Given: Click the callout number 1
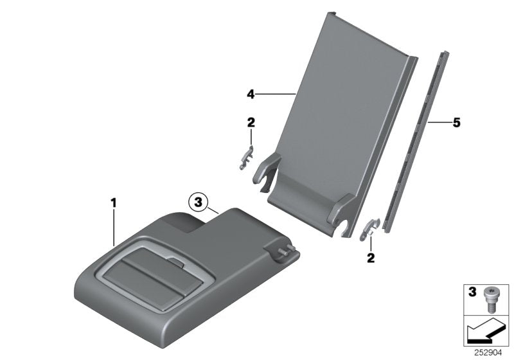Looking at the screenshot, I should tap(114, 203).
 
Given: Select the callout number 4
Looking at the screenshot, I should tap(251, 94).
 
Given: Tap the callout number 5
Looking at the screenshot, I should tap(457, 122).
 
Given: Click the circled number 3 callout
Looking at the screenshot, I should tap(198, 203).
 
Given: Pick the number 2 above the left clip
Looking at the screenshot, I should tap(251, 122).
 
